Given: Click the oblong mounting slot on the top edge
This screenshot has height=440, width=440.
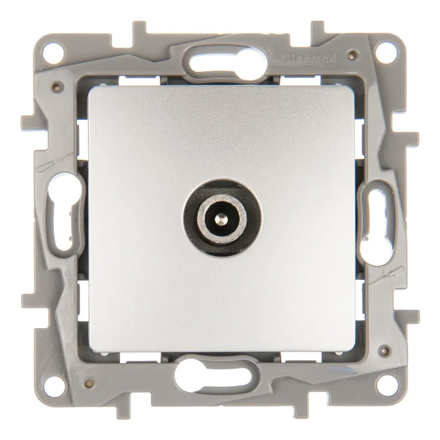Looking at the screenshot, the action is pos(227,61).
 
